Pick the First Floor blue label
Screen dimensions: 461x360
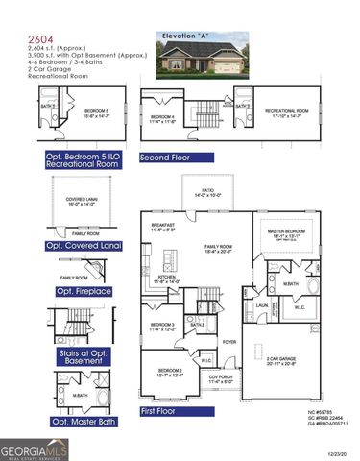(160, 411)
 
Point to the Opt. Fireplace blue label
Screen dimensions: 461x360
(84, 291)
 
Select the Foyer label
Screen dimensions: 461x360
(230, 341)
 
